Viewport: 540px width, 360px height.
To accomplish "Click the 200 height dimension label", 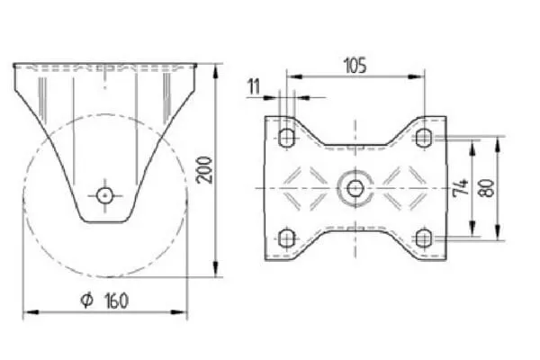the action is pyautogui.click(x=204, y=170).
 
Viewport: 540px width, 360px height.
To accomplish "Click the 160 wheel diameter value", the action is pyautogui.click(x=116, y=301).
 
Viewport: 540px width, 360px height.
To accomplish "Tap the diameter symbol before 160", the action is pyautogui.click(x=86, y=300).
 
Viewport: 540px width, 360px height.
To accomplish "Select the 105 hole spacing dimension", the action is pyautogui.click(x=355, y=66).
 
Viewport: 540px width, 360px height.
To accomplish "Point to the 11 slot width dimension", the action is pyautogui.click(x=254, y=86).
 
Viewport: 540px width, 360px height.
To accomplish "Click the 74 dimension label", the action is pyautogui.click(x=461, y=187).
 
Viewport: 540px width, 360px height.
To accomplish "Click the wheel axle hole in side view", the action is pyautogui.click(x=105, y=195).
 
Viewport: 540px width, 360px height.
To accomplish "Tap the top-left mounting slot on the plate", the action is pyautogui.click(x=286, y=138).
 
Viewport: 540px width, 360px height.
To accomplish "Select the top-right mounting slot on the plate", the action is pyautogui.click(x=423, y=138).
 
